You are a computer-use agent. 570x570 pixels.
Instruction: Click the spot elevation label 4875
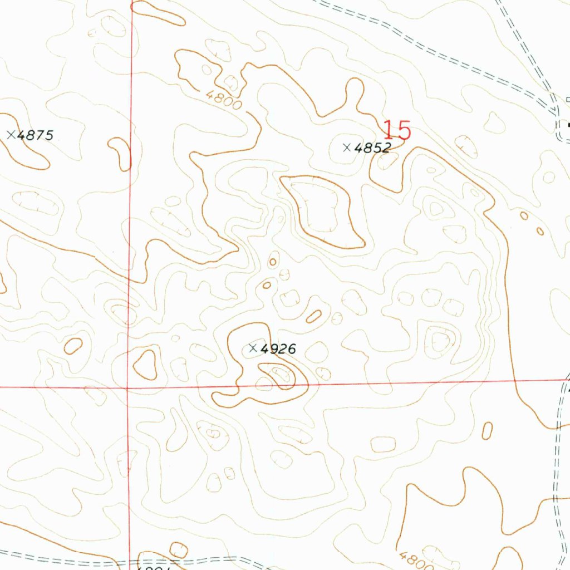pyautogui.click(x=35, y=135)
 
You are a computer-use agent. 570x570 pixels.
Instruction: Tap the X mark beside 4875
pyautogui.click(x=11, y=134)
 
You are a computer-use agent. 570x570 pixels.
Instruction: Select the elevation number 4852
pyautogui.click(x=373, y=148)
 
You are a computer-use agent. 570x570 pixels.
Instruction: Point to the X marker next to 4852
pyautogui.click(x=347, y=148)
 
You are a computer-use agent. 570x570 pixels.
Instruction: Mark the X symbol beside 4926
pyautogui.click(x=252, y=348)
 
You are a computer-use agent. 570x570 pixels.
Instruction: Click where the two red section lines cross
pyautogui.click(x=128, y=387)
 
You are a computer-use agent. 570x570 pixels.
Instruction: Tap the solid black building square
pyautogui.click(x=568, y=126)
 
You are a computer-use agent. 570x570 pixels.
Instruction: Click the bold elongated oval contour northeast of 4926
pyautogui.click(x=314, y=317)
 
